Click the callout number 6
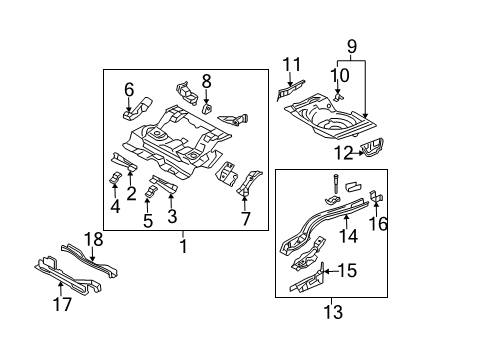pyautogui.click(x=129, y=89)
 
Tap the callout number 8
pyautogui.click(x=207, y=81)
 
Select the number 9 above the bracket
pyautogui.click(x=352, y=46)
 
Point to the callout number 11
pyautogui.click(x=292, y=64)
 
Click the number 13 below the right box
pyautogui.click(x=333, y=312)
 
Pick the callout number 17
pyautogui.click(x=62, y=304)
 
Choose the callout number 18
pyautogui.click(x=93, y=239)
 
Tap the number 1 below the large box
pyautogui.click(x=183, y=247)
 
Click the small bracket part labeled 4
pyautogui.click(x=115, y=178)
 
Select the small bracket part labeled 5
pyautogui.click(x=151, y=191)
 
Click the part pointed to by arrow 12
pyautogui.click(x=373, y=148)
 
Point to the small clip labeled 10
pyautogui.click(x=339, y=97)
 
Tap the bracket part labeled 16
pyautogui.click(x=376, y=196)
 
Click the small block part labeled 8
pyautogui.click(x=208, y=109)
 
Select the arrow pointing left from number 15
pyautogui.click(x=331, y=271)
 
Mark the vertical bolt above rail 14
pyautogui.click(x=335, y=184)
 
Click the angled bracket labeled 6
pyautogui.click(x=138, y=108)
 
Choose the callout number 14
pyautogui.click(x=349, y=236)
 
